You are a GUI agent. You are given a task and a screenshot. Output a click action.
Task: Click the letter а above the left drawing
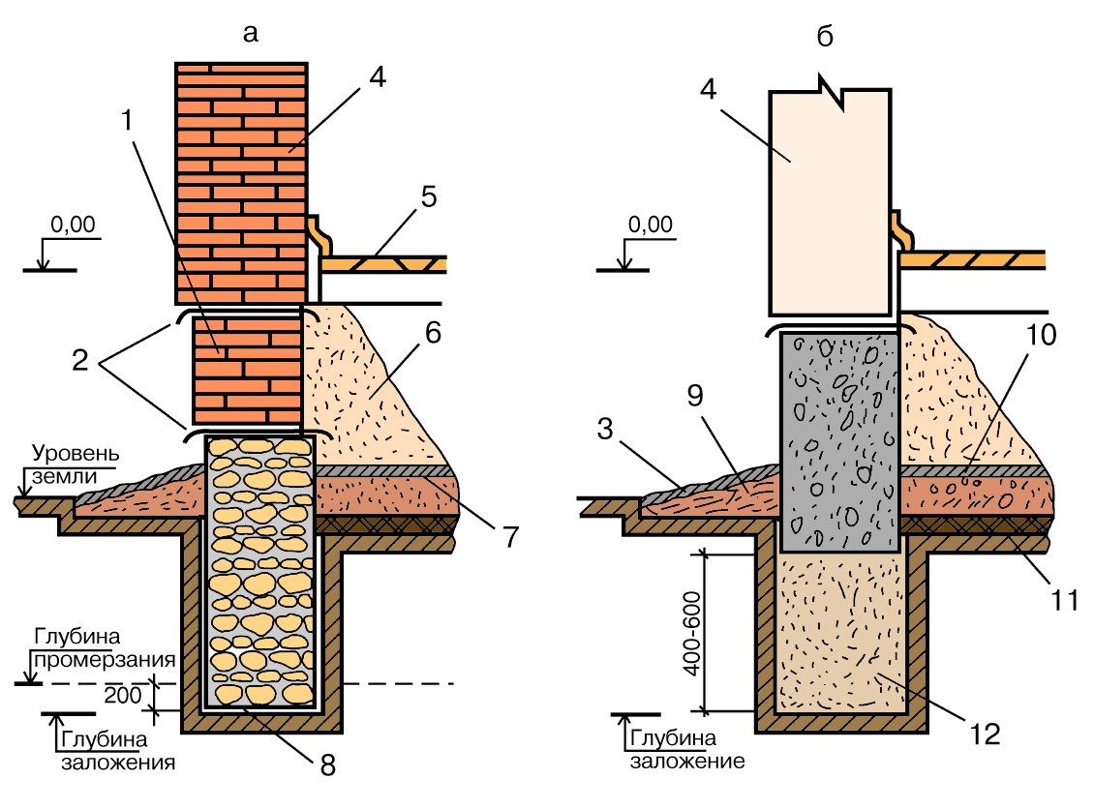click(x=251, y=34)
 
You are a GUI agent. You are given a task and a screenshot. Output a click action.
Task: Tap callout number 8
click(x=328, y=765)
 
